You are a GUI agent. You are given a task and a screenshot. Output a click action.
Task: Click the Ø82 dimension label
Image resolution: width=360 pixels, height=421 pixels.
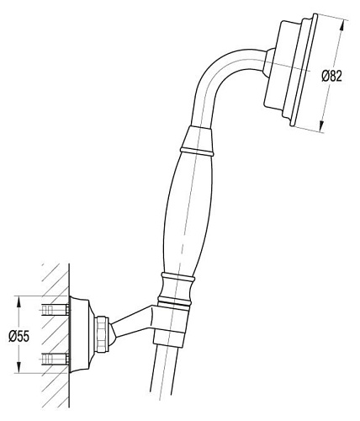tap(332, 76)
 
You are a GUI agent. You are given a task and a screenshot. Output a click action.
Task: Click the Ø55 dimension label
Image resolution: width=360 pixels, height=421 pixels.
tap(19, 336)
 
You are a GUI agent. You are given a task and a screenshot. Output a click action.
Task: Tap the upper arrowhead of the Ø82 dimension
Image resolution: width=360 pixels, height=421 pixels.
tap(341, 27)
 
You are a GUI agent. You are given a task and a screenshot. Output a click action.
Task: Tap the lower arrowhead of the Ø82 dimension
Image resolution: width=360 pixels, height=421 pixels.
tap(322, 125)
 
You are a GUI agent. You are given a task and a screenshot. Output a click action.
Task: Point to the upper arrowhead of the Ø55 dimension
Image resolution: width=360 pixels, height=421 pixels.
tap(19, 303)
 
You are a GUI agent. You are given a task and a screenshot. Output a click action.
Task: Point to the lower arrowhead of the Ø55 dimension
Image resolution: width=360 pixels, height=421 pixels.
tap(19, 367)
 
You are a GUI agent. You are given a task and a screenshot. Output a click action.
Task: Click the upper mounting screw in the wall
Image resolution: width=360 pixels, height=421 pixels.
tap(56, 310)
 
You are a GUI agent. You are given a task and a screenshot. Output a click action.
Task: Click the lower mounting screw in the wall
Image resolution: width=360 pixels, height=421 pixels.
tap(56, 359)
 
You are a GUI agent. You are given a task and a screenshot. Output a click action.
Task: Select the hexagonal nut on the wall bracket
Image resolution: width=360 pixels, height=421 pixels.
tap(100, 333)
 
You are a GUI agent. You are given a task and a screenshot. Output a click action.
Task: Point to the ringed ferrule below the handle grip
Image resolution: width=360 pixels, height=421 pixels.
tap(176, 290)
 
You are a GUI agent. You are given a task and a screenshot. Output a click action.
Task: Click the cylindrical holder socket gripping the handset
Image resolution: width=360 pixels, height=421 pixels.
tap(171, 325)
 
